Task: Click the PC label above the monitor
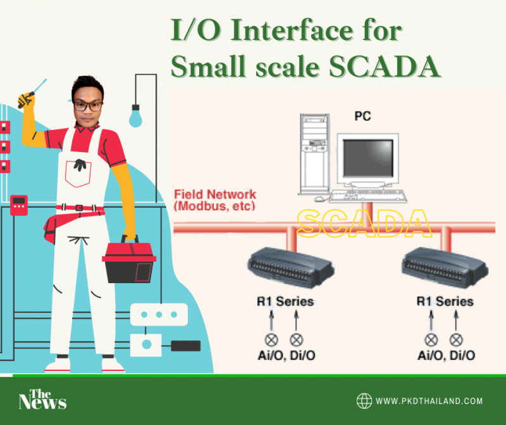click(362, 116)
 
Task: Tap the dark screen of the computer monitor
click(368, 158)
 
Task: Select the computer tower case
click(314, 154)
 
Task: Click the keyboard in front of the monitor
click(368, 196)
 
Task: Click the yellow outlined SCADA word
click(364, 223)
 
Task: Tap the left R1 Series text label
click(285, 301)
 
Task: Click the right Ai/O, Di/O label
click(447, 355)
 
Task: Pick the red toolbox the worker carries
click(129, 262)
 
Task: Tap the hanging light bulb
click(135, 116)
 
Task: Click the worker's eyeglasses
click(88, 106)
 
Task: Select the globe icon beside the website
click(364, 401)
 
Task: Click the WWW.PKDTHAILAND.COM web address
click(429, 401)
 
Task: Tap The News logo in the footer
click(42, 400)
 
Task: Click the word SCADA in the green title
click(385, 67)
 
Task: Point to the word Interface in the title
click(292, 30)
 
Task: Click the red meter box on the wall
click(19, 205)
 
